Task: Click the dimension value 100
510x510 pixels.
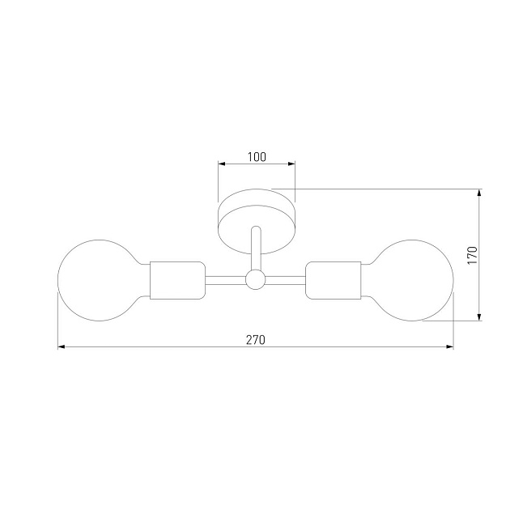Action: (x=257, y=157)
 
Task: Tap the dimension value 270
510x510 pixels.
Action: (x=256, y=340)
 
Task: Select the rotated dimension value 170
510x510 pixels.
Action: (x=472, y=255)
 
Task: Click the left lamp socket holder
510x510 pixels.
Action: (x=177, y=280)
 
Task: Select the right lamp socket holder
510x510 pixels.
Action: (x=334, y=280)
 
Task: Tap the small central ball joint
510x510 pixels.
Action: (x=255, y=280)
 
